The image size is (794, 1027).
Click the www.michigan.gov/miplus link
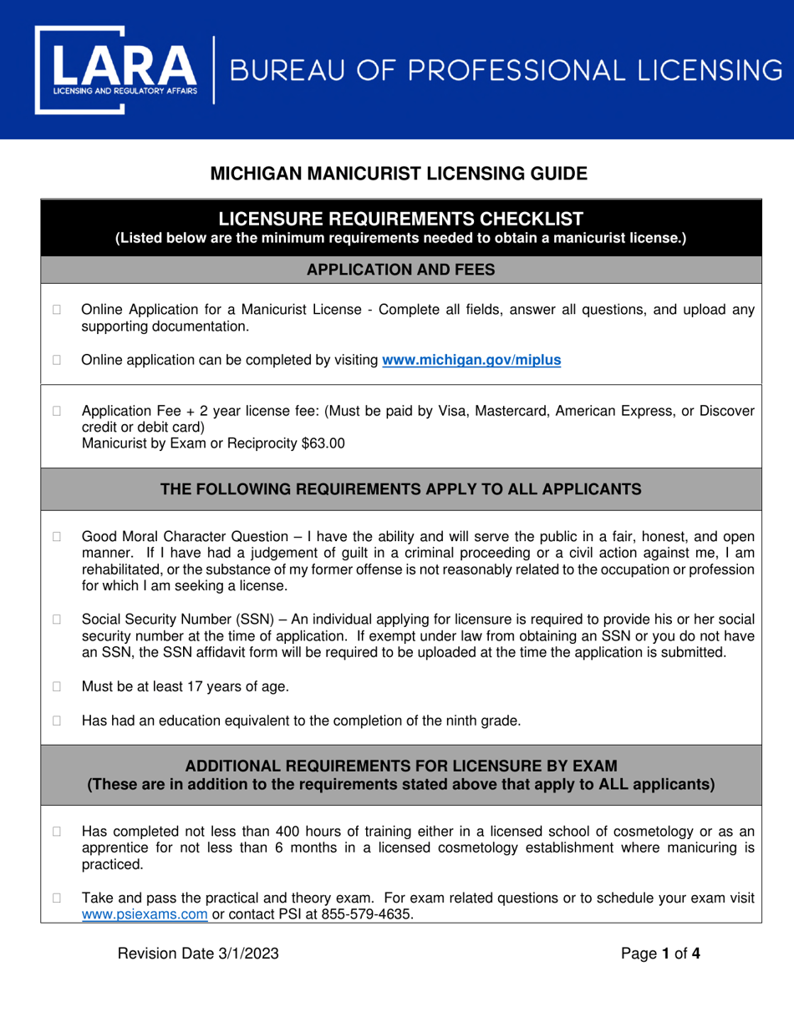tap(471, 361)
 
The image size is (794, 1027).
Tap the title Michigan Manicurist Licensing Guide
tap(398, 174)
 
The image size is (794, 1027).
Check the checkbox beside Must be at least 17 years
tap(58, 687)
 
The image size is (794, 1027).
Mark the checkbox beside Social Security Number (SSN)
tap(58, 620)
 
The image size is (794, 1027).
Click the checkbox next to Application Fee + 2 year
tap(58, 411)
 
